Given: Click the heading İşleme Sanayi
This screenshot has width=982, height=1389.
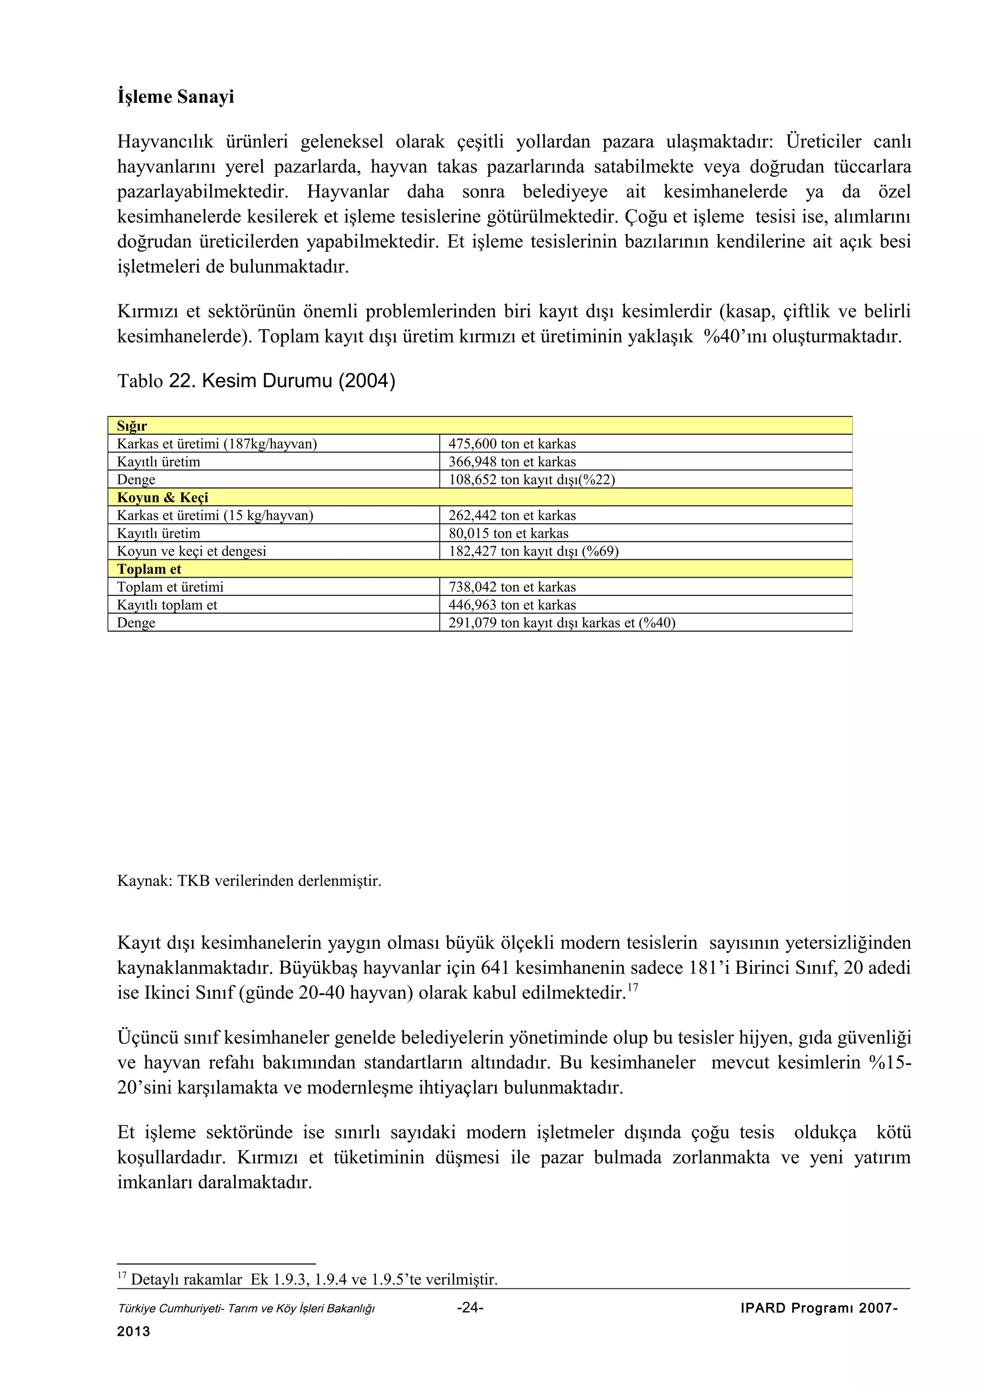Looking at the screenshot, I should pyautogui.click(x=175, y=97).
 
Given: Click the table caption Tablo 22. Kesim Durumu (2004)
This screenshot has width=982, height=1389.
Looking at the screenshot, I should pyautogui.click(x=256, y=381).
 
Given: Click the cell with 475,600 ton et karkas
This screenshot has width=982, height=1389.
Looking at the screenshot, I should pyautogui.click(x=512, y=444).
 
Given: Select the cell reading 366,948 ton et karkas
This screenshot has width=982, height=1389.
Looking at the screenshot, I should pyautogui.click(x=512, y=462).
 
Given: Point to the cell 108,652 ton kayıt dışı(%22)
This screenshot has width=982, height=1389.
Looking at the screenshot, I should pyautogui.click(x=531, y=480).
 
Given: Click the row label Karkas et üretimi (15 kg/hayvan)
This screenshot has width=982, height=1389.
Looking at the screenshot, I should pyautogui.click(x=215, y=515).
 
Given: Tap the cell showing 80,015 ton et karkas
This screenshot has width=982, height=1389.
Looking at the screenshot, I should pyautogui.click(x=508, y=533).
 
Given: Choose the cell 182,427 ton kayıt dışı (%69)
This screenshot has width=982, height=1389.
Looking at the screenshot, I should pyautogui.click(x=533, y=551).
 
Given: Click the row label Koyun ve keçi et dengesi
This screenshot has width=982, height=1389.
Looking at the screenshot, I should pyautogui.click(x=191, y=551).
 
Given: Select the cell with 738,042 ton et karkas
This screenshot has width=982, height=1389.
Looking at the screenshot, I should pyautogui.click(x=512, y=587).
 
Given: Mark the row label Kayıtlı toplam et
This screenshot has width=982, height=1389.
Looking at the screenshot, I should pyautogui.click(x=167, y=605).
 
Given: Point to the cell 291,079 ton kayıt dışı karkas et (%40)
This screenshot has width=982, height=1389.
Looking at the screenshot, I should pyautogui.click(x=561, y=623).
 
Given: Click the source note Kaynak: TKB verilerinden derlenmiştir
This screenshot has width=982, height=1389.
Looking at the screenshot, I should pyautogui.click(x=249, y=881).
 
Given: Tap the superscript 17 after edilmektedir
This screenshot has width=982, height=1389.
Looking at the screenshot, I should pyautogui.click(x=633, y=987).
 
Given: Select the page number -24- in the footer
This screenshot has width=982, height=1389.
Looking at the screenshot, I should pyautogui.click(x=470, y=1308).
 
